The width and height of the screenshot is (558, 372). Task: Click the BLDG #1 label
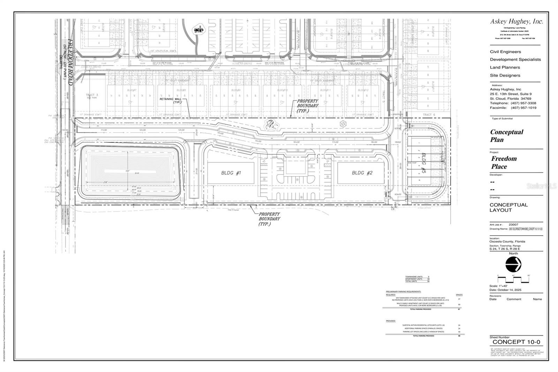coord(231,173)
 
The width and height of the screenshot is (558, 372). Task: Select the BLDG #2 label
coord(362,173)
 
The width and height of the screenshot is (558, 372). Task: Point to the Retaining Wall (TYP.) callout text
coord(171,101)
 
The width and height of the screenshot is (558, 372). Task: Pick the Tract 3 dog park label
coord(92,96)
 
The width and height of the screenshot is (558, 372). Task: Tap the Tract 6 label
coord(429,115)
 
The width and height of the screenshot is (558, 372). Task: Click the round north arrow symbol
coord(513,264)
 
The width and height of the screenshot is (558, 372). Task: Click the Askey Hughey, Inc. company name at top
coord(516,22)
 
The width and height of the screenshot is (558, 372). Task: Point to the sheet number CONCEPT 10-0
coord(516,342)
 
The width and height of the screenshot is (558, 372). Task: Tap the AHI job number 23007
coord(513,225)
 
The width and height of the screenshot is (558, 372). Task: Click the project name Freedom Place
coord(504,162)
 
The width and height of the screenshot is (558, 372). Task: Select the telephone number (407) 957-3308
coord(523,103)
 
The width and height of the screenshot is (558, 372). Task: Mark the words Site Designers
coord(505,75)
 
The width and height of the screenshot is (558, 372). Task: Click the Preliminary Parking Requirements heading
coord(404,291)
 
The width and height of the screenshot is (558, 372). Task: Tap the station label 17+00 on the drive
coord(335,142)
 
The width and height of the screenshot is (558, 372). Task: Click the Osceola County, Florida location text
coord(507,241)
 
